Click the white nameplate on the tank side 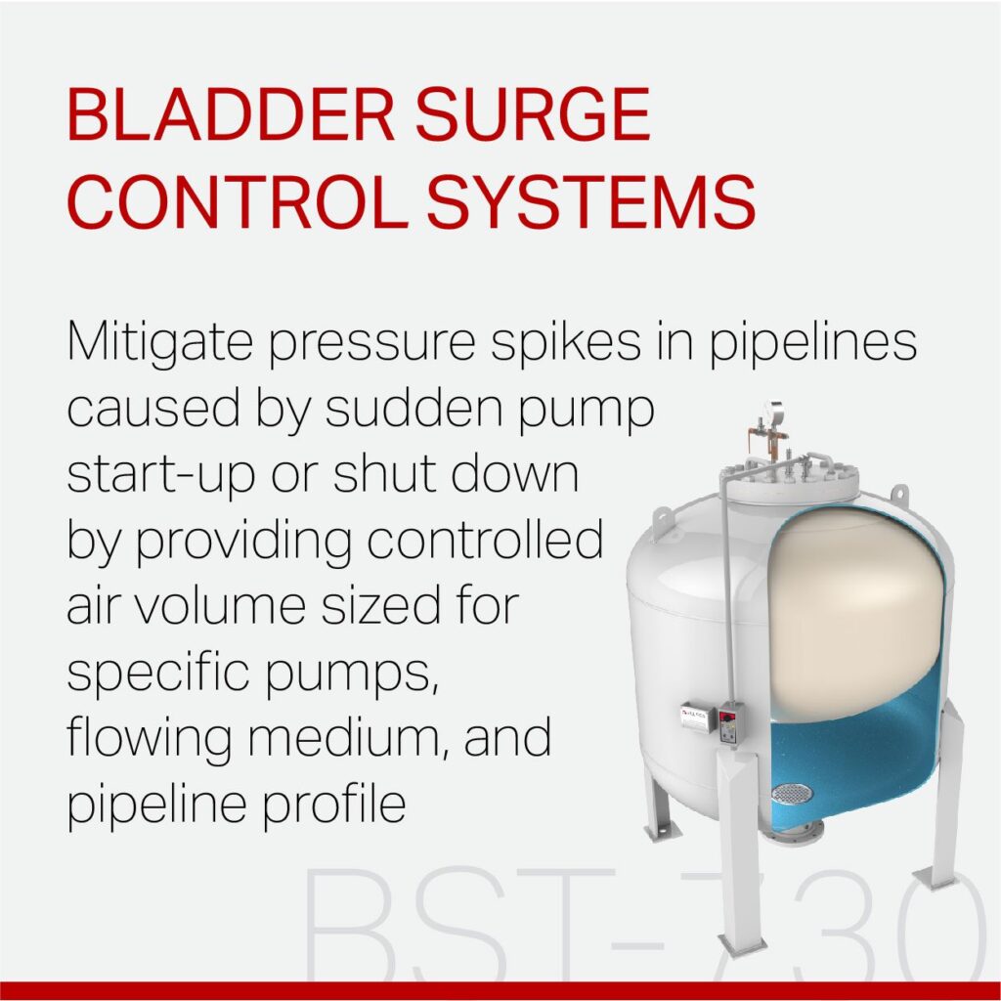(x=697, y=720)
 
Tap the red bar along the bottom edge (x=500, y=990)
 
